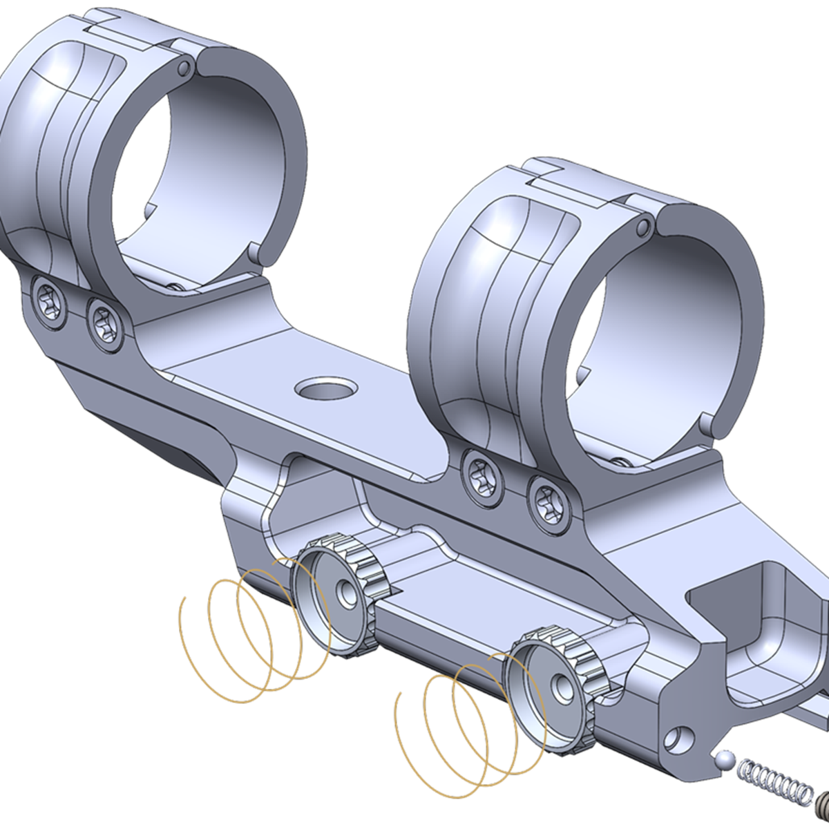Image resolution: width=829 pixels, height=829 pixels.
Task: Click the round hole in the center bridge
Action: coord(325,388)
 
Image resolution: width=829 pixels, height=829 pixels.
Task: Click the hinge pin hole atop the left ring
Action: coord(184,68)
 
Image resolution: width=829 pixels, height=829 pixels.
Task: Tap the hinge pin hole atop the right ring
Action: coord(643,227)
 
